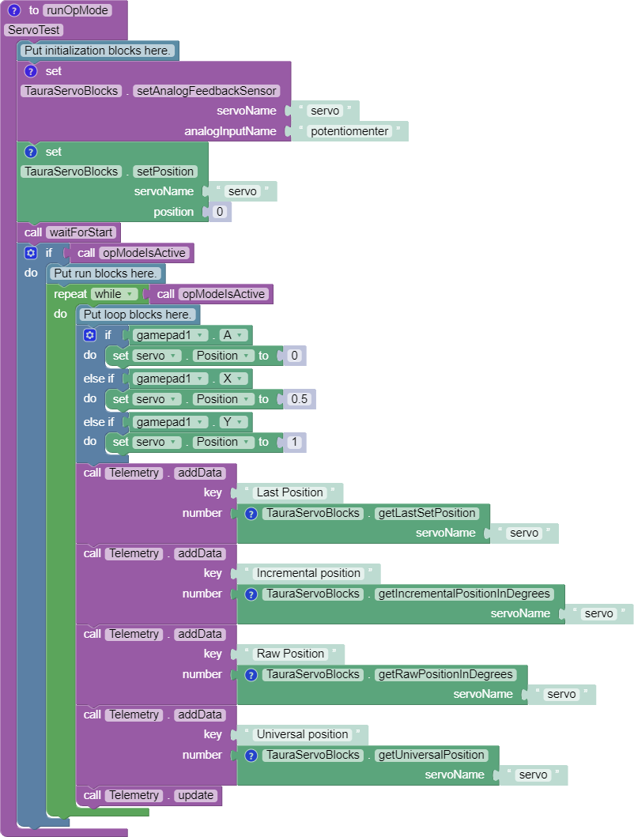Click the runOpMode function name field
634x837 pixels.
click(77, 10)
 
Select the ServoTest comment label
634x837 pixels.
click(33, 30)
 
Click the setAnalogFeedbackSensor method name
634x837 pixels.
click(206, 91)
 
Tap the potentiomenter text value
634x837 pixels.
click(349, 131)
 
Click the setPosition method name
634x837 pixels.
click(165, 172)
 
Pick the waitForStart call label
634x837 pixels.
click(81, 232)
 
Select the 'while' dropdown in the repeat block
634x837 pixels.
click(115, 294)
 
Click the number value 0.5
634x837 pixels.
click(299, 399)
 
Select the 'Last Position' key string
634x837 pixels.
click(289, 492)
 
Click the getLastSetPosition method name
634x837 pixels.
click(427, 513)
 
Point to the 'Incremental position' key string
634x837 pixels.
click(308, 573)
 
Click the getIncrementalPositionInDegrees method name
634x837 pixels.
click(464, 594)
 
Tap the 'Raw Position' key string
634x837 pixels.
click(290, 654)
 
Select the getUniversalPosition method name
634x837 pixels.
click(431, 755)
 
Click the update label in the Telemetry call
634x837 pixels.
click(195, 795)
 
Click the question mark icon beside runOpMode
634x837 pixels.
click(14, 10)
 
